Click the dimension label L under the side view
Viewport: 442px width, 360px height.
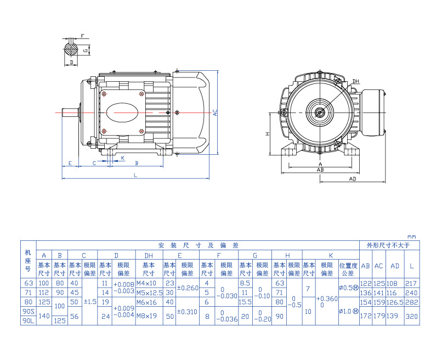pos(135,175)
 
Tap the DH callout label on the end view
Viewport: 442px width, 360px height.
pos(355,82)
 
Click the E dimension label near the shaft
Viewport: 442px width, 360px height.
pos(70,164)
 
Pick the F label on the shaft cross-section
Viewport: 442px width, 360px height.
pos(82,36)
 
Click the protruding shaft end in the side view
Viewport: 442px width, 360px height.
pos(70,112)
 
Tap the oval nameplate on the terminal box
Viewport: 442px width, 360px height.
pos(122,112)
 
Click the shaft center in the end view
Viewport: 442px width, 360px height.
pos(319,112)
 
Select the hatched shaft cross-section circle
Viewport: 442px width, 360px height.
pos(71,49)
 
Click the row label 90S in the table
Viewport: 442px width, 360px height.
pos(28,311)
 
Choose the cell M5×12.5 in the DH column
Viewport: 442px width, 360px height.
pos(149,292)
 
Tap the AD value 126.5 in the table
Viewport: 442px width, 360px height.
pos(395,302)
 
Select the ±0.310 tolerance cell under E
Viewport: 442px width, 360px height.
pos(188,311)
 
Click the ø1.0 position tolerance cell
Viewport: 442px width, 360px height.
pos(348,311)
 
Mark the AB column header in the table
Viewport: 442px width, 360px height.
pos(365,266)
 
